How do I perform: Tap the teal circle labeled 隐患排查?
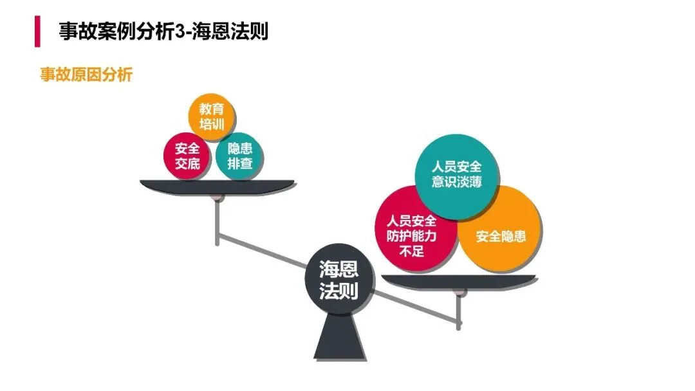click(x=239, y=156)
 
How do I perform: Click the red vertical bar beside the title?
click(x=37, y=31)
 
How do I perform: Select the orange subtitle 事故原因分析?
click(x=86, y=75)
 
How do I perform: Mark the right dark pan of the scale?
click(x=459, y=281)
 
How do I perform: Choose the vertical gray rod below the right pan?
click(x=459, y=312)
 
